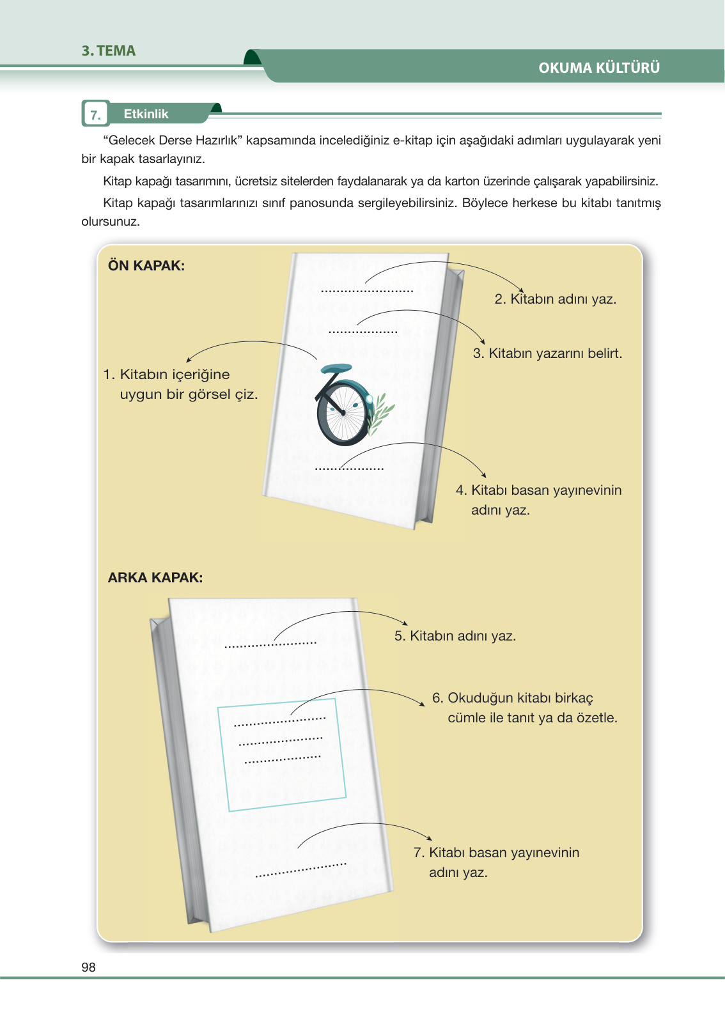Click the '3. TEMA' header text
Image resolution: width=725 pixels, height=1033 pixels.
108,51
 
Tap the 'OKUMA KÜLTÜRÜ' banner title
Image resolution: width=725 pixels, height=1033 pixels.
598,68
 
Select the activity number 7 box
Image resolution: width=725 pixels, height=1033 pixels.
95,114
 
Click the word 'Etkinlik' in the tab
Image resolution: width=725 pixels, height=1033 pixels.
146,114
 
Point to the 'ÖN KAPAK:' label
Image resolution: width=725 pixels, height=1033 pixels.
146,266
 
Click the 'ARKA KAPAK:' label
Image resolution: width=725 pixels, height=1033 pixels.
155,578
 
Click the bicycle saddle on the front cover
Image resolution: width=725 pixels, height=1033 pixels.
336,369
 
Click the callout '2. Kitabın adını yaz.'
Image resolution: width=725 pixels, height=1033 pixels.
555,299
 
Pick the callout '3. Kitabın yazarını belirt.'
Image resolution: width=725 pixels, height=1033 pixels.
547,353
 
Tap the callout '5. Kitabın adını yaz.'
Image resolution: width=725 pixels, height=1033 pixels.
455,636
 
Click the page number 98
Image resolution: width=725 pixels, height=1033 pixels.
88,967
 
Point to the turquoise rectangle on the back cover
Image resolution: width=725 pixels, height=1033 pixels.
281,754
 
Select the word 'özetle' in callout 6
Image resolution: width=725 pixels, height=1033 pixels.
596,718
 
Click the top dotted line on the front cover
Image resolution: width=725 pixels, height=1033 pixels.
367,291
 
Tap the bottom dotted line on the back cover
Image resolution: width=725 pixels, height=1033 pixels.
300,870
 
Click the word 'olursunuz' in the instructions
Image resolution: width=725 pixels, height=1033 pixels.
109,222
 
